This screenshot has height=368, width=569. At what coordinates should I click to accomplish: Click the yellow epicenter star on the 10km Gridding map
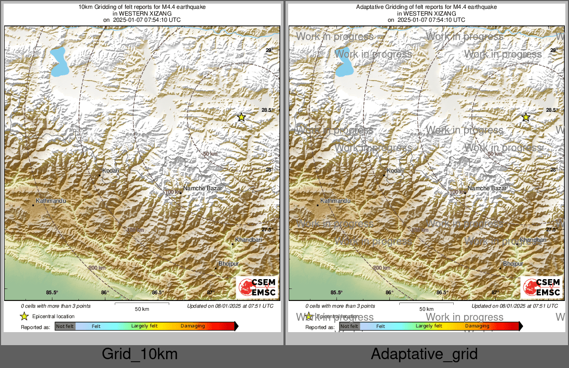241,117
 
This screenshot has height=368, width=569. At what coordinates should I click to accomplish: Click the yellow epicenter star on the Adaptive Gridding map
526,117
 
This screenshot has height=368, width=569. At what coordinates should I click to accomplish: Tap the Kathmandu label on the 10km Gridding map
51,201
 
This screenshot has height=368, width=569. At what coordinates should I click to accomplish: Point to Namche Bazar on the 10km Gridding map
200,188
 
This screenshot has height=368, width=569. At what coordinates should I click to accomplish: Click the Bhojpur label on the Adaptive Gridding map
513,264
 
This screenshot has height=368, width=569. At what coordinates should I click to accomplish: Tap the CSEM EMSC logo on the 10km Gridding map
257,287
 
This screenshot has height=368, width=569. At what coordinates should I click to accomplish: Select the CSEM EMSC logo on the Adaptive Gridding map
541,287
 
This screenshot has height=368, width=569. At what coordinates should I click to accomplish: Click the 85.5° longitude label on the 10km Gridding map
52,293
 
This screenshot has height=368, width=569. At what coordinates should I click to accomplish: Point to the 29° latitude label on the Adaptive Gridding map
553,50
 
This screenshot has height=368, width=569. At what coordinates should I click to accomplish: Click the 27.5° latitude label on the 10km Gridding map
267,230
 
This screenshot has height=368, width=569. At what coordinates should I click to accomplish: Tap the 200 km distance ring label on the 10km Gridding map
97,268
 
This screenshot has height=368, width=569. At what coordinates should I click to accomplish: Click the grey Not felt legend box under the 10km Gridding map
65,326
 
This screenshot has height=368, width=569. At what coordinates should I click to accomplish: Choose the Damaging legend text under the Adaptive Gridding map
477,326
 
